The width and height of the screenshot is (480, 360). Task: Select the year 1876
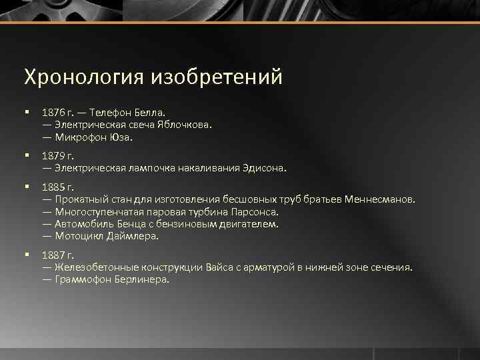coord(52,111)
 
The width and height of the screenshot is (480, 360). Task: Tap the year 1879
coord(52,156)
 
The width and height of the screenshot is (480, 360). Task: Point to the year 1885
coord(52,187)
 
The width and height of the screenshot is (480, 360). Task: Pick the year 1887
coord(52,255)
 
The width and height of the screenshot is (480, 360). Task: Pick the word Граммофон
coord(82,279)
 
